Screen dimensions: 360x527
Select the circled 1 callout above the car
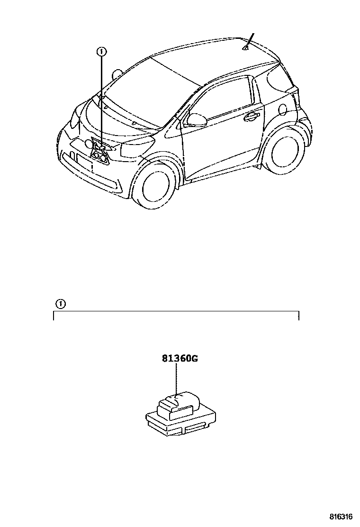(100, 51)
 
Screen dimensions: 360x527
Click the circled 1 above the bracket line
(60, 303)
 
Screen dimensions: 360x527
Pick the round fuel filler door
(283, 109)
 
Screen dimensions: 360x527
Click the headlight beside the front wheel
(136, 150)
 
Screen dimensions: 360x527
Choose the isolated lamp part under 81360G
(180, 412)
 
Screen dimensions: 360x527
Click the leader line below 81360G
(176, 379)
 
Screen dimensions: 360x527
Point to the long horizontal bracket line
(175, 312)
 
